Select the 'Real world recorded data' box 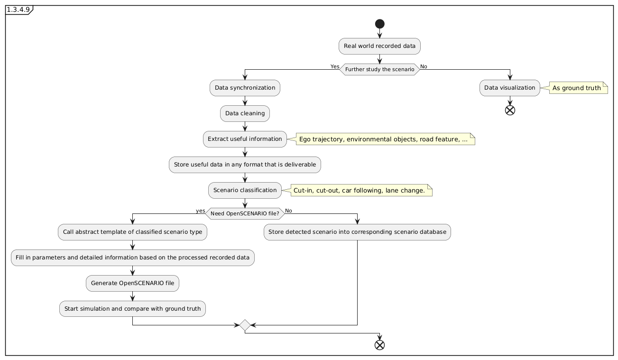pyautogui.click(x=379, y=46)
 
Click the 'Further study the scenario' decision pyautogui.click(x=379, y=69)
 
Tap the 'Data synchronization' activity pyautogui.click(x=245, y=88)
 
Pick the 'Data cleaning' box pyautogui.click(x=245, y=113)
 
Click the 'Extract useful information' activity pyautogui.click(x=245, y=139)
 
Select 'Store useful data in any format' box pyautogui.click(x=245, y=165)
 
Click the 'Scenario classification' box pyautogui.click(x=245, y=190)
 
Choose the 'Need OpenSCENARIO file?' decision pyautogui.click(x=245, y=213)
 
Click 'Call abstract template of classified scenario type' pyautogui.click(x=132, y=232)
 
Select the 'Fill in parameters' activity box pyautogui.click(x=132, y=258)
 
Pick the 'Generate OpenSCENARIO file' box pyautogui.click(x=132, y=283)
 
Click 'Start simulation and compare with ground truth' pyautogui.click(x=132, y=309)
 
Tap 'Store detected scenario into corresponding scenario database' pyautogui.click(x=357, y=232)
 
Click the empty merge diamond pyautogui.click(x=245, y=325)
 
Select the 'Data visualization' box pyautogui.click(x=510, y=88)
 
